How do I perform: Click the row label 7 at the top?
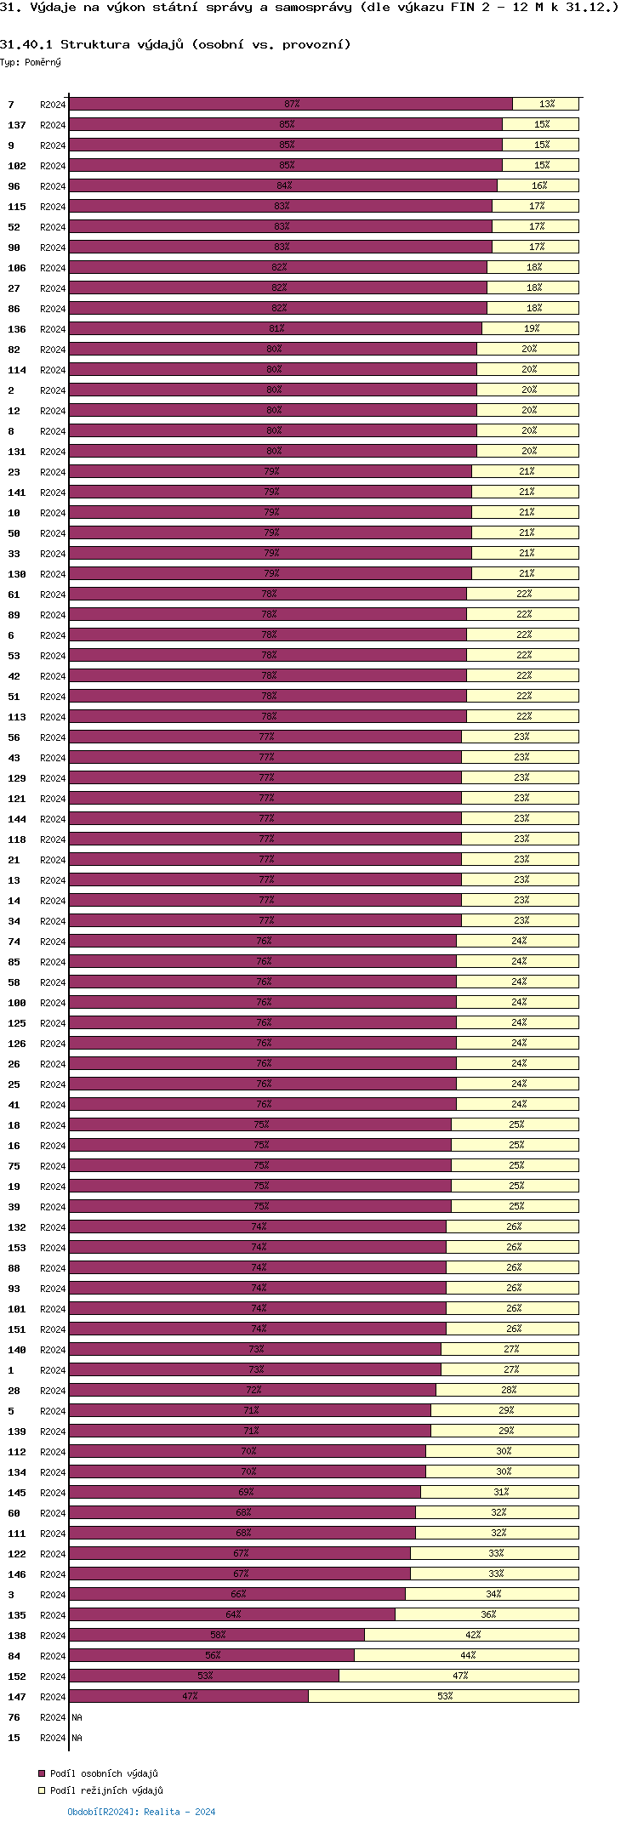(11, 105)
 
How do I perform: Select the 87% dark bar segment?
(291, 104)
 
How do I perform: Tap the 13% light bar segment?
(545, 104)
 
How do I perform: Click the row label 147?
(17, 1697)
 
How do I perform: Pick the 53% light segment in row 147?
(443, 1696)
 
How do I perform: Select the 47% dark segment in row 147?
(189, 1696)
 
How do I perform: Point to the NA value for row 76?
(77, 1717)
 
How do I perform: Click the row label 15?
(14, 1738)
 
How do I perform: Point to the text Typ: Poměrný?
(31, 62)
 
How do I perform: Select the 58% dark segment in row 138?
(217, 1635)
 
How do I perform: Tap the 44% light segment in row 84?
(466, 1655)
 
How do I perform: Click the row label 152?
(17, 1676)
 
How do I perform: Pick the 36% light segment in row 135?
(487, 1614)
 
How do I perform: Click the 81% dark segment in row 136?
(276, 328)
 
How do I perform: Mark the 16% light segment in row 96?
(538, 185)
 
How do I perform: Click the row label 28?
(14, 1391)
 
